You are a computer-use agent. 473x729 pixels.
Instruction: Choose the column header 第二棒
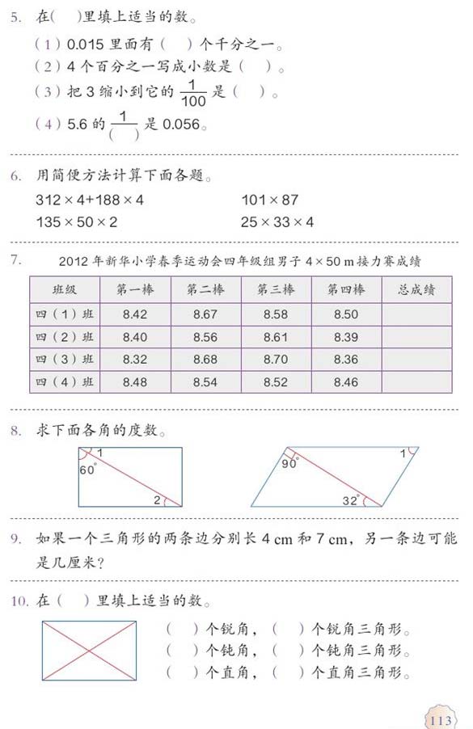[205, 289]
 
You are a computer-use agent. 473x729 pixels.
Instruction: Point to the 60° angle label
[87, 470]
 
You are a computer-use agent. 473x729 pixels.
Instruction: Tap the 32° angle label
[350, 501]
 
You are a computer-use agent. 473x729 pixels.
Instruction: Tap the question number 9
[15, 537]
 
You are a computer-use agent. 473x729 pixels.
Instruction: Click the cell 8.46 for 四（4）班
[345, 381]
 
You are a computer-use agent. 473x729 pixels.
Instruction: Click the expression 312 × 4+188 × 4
[90, 200]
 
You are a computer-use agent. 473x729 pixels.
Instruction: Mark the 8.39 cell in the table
[345, 337]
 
